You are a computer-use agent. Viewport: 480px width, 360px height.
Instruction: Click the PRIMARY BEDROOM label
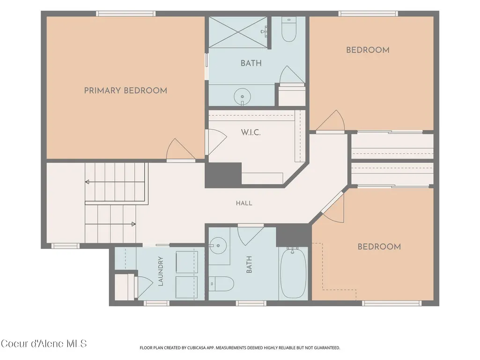(126, 91)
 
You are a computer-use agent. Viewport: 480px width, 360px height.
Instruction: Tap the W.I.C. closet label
(251, 132)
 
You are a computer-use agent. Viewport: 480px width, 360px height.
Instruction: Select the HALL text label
(244, 203)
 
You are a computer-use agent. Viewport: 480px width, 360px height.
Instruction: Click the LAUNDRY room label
(161, 271)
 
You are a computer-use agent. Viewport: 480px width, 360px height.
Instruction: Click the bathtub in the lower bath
(293, 273)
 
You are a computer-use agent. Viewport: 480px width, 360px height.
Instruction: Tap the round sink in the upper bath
(242, 97)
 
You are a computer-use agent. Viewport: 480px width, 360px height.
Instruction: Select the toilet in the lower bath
(222, 284)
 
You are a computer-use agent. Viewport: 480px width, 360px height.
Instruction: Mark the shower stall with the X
(238, 32)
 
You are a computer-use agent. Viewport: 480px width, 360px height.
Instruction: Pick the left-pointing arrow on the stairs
(115, 182)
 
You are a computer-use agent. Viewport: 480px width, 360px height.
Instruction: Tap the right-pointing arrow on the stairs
(110, 224)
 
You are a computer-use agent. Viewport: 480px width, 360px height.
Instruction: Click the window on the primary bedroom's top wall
(126, 14)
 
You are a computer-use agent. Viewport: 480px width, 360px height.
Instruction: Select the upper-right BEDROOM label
(368, 50)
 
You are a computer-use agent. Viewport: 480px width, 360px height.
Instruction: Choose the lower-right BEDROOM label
(379, 247)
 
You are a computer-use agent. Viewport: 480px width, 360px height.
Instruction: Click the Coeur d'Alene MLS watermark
(44, 344)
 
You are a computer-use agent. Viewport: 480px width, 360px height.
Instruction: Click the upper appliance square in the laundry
(187, 262)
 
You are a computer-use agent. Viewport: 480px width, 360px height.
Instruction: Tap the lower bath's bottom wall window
(251, 303)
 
